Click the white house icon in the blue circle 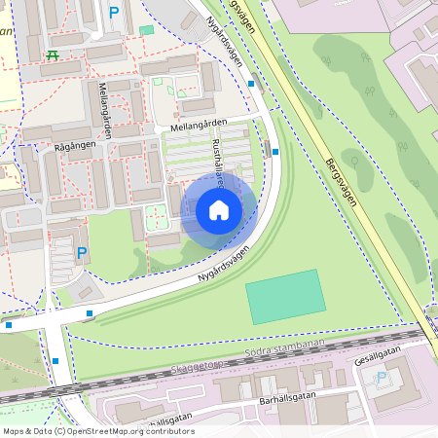219,210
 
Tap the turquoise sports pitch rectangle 285,296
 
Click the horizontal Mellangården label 200,124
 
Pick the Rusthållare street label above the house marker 218,162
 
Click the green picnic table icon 51,55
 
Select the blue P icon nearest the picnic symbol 115,13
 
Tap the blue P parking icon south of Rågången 82,253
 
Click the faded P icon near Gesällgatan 381,377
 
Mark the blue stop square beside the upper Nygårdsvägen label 251,84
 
